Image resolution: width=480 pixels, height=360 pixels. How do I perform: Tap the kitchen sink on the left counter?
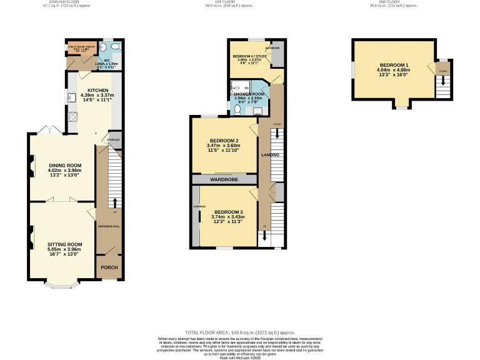point(71,97)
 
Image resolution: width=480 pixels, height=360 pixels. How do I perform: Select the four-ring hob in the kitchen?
point(72,116)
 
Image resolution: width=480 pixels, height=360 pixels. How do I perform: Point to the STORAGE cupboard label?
point(113,140)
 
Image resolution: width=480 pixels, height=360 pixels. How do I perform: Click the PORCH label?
point(109,267)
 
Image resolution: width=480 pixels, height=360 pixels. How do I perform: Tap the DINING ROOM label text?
point(66,165)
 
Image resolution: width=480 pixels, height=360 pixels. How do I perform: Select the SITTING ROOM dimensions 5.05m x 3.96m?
point(65,249)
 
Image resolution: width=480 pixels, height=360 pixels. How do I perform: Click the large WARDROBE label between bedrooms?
point(225,179)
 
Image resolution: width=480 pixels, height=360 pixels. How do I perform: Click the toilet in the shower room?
point(237,109)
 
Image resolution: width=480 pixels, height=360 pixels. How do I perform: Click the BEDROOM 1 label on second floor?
point(394,65)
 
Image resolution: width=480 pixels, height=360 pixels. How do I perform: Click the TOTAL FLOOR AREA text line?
point(239,332)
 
